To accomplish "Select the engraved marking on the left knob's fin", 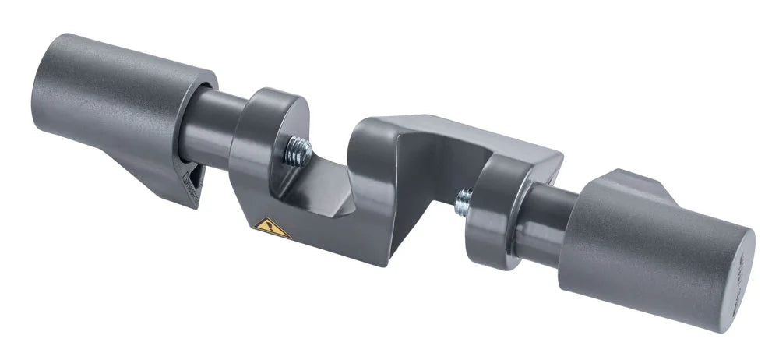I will [x=190, y=184].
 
